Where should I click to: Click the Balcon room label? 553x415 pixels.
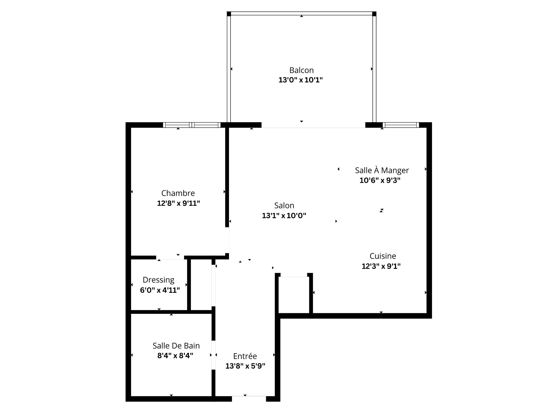(301, 70)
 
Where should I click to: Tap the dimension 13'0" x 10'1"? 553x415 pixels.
(300, 80)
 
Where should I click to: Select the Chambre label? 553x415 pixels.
(178, 193)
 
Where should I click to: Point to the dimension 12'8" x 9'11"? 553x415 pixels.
(178, 203)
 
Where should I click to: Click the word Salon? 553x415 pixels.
(284, 205)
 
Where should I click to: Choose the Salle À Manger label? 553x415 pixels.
(382, 170)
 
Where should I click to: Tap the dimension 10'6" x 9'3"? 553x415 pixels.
(380, 181)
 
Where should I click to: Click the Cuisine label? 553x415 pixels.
(382, 256)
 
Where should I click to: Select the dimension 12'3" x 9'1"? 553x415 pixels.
(381, 266)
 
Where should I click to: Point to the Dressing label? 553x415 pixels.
(158, 280)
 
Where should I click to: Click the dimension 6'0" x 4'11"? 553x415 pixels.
(160, 290)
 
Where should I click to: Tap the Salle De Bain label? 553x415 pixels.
(176, 346)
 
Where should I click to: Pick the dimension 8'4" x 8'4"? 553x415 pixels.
(175, 356)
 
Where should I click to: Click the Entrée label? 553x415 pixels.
(245, 356)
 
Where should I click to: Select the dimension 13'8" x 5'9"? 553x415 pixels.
(245, 366)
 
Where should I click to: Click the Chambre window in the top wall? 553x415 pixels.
(192, 125)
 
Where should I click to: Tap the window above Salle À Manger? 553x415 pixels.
(400, 125)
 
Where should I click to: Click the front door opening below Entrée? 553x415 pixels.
(249, 399)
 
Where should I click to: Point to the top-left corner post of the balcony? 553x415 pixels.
(229, 14)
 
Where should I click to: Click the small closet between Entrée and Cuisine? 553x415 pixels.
(294, 294)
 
